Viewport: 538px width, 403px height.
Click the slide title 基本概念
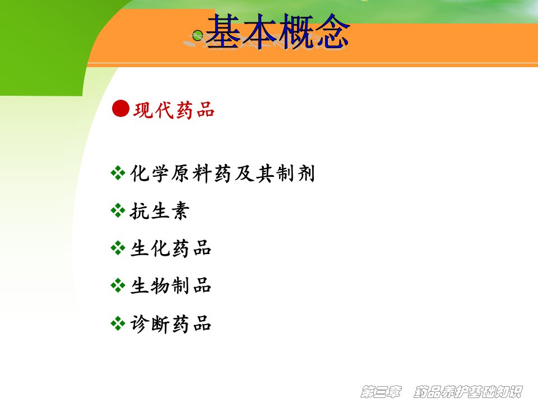277,31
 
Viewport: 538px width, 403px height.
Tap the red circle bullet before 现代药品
121,109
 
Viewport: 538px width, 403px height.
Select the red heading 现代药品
174,110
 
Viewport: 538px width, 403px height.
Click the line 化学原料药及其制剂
222,173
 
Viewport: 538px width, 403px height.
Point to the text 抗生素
160,210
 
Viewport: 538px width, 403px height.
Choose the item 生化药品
170,248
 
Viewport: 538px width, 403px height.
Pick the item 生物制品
170,285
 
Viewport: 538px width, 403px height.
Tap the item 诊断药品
170,324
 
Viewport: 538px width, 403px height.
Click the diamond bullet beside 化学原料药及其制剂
118,173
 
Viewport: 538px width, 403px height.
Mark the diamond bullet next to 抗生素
118,210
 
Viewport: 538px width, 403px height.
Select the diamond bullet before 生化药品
118,248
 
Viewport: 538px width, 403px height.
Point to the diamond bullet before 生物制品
118,285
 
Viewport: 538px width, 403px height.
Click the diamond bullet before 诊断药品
118,323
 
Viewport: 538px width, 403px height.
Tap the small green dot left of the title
197,35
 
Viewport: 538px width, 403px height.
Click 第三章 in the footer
381,391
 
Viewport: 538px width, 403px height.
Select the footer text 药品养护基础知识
469,391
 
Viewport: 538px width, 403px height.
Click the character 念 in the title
332,31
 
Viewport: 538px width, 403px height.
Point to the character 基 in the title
224,31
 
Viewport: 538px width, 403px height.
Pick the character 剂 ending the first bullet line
306,173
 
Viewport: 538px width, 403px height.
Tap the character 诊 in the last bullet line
140,324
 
